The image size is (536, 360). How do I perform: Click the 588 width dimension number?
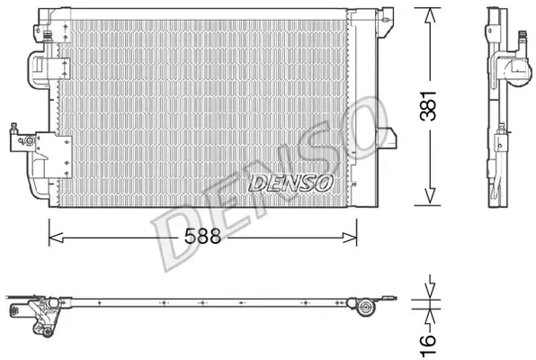[x=202, y=236]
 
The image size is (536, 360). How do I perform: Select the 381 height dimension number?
[x=428, y=105]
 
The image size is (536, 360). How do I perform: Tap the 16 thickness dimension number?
[x=428, y=346]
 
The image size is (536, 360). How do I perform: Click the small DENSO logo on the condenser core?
[x=290, y=184]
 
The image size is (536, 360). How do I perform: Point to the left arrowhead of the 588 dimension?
[x=56, y=237]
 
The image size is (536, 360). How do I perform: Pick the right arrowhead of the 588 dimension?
[x=350, y=237]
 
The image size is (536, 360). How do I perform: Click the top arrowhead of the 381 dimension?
[x=430, y=15]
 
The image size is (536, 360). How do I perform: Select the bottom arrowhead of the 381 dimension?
[x=430, y=196]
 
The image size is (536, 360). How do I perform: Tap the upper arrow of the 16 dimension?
[x=431, y=290]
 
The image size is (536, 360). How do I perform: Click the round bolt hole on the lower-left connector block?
[x=30, y=140]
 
